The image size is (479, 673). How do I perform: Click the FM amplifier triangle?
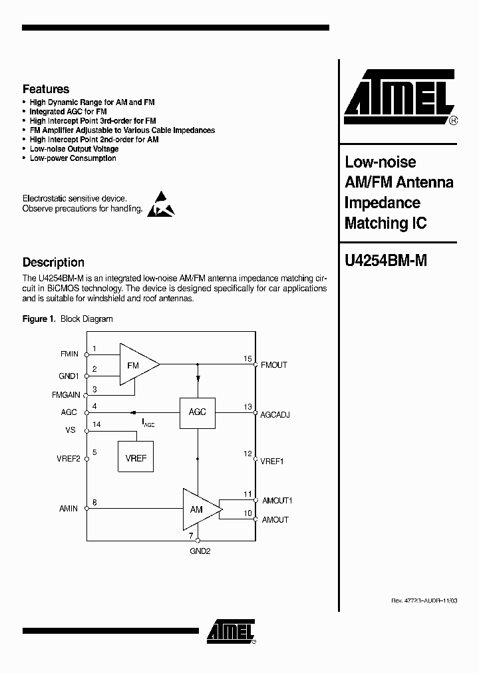click(136, 364)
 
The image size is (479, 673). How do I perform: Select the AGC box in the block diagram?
click(198, 412)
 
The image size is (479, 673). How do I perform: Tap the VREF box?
click(136, 458)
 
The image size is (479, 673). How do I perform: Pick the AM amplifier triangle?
click(200, 509)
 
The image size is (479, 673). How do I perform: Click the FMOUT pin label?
click(274, 365)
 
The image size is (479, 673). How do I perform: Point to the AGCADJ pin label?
click(275, 414)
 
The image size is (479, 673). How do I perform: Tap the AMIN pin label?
click(69, 509)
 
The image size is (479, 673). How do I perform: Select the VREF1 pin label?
click(272, 461)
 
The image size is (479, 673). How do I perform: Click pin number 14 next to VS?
click(97, 424)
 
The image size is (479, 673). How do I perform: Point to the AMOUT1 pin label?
click(277, 500)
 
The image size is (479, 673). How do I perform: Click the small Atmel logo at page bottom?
click(230, 631)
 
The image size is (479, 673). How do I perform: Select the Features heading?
click(46, 88)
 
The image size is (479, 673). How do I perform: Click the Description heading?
click(53, 262)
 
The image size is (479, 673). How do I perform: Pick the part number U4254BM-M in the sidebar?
click(385, 261)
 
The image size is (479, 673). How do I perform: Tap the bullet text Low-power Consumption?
click(73, 158)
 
